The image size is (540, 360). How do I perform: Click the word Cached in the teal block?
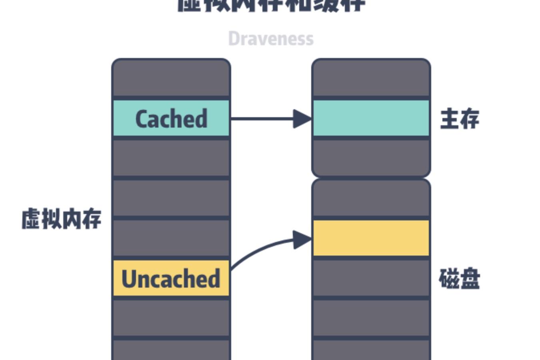(171, 119)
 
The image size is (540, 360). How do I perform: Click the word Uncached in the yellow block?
(171, 279)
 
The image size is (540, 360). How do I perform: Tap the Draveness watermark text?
(271, 39)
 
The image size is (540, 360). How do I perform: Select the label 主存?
(460, 119)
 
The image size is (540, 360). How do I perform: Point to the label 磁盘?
(460, 279)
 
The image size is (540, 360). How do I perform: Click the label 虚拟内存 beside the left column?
(61, 219)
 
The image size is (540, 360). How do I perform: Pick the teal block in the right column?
(371, 118)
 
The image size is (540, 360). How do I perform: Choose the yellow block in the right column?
(371, 238)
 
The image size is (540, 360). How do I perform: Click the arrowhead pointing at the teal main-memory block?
(302, 119)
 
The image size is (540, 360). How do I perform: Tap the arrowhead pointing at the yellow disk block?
(302, 240)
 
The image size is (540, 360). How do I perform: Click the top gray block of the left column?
(171, 78)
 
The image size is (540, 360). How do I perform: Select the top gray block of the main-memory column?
(371, 78)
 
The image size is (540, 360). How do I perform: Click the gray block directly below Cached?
(171, 158)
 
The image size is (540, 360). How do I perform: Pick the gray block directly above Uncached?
(171, 238)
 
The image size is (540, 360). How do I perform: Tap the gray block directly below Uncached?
(171, 318)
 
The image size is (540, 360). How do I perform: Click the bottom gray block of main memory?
(371, 157)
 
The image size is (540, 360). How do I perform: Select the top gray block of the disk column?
(371, 199)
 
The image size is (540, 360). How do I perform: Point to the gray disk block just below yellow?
(371, 278)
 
